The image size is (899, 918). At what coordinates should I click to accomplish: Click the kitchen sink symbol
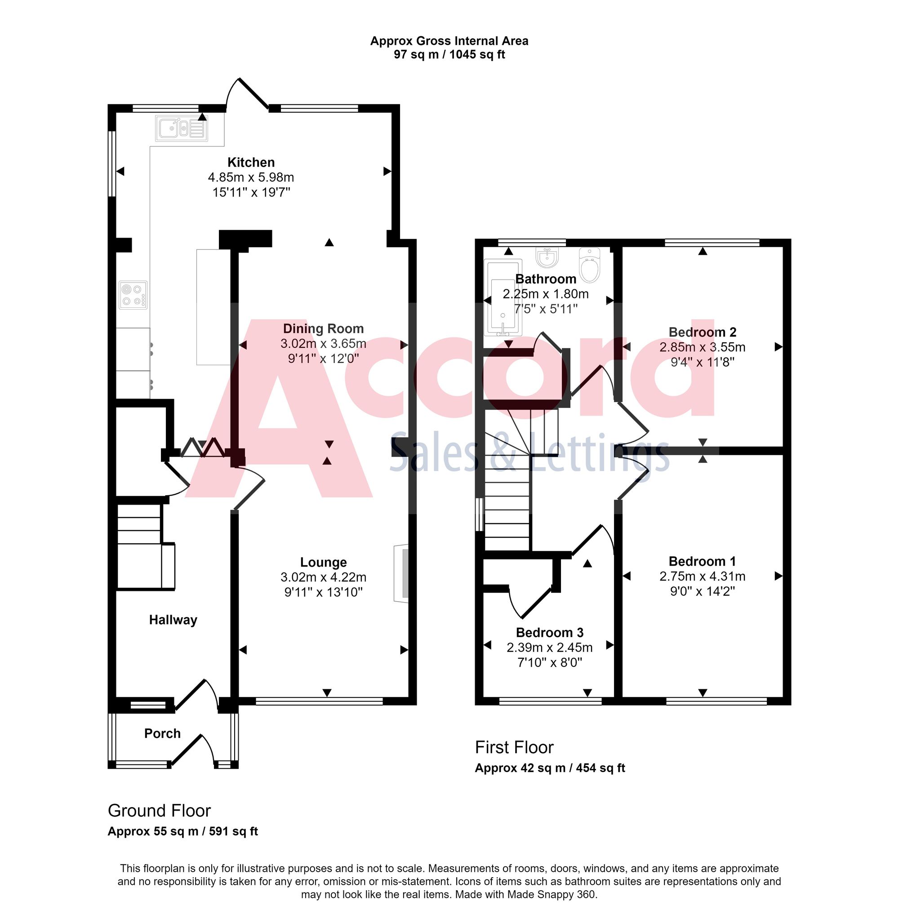click(x=182, y=128)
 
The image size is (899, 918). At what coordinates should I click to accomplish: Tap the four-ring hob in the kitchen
click(x=133, y=294)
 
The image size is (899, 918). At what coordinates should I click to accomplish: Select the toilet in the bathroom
click(x=589, y=265)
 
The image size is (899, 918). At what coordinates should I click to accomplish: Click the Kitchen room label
click(x=251, y=162)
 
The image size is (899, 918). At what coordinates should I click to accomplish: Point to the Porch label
click(x=162, y=733)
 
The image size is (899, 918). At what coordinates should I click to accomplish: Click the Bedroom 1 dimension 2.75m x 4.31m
click(x=702, y=577)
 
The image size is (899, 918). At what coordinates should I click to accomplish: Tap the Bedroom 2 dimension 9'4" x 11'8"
click(x=702, y=362)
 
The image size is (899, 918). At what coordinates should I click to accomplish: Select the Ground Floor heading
click(x=159, y=811)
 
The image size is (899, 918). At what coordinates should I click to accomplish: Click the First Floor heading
click(x=514, y=747)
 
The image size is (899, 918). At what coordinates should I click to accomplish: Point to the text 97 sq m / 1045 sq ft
click(x=449, y=55)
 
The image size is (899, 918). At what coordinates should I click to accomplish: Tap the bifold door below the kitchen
click(x=204, y=448)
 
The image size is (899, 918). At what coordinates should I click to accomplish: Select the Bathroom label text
click(x=545, y=279)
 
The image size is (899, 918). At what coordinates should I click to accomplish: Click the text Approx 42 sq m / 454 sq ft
click(x=550, y=768)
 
